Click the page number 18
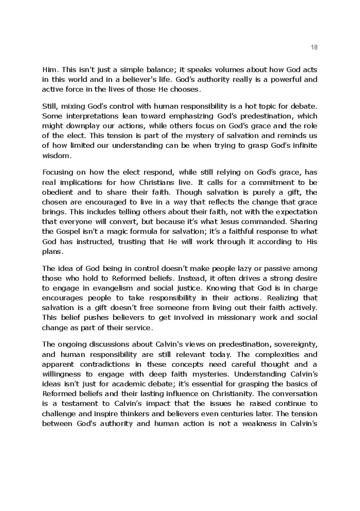pos(314,47)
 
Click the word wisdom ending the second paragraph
pos(57,155)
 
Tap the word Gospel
pos(68,231)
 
